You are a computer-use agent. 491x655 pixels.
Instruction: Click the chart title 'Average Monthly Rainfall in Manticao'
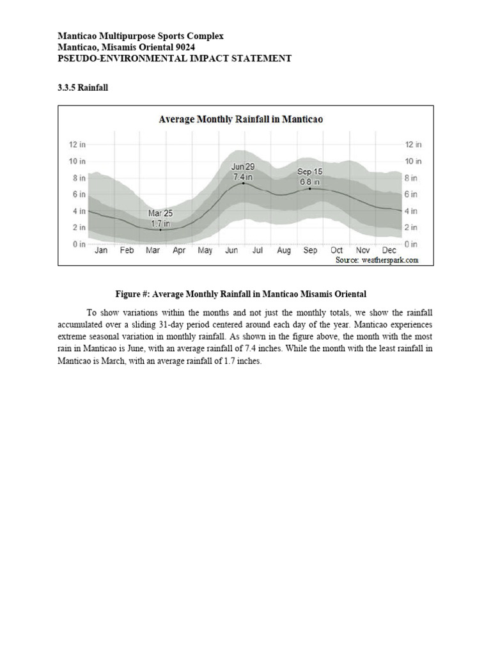tap(240, 120)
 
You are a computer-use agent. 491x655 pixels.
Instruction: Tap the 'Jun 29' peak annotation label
tap(243, 166)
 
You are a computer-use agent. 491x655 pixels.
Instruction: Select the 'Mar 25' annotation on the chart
tap(160, 213)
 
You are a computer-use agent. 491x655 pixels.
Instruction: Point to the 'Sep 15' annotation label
tap(310, 172)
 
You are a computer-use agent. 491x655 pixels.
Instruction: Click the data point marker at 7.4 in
tap(243, 183)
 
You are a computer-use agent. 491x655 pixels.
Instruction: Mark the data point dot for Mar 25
tap(160, 230)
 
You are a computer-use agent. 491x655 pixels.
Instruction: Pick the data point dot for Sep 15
tap(310, 189)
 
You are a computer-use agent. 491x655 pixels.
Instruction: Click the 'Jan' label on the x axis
tap(101, 251)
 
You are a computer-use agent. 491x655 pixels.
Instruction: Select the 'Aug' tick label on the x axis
tap(284, 251)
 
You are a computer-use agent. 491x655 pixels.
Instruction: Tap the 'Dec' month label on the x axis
tap(389, 251)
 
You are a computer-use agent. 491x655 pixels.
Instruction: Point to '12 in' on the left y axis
tap(77, 145)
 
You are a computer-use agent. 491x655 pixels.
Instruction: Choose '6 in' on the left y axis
tap(79, 194)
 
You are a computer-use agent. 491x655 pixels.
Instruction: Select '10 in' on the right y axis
tap(413, 161)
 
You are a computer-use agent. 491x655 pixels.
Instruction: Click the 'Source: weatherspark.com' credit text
tap(377, 260)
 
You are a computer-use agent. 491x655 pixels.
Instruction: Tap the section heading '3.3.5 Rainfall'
tap(82, 88)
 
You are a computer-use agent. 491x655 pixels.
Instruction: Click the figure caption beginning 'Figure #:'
tap(240, 294)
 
